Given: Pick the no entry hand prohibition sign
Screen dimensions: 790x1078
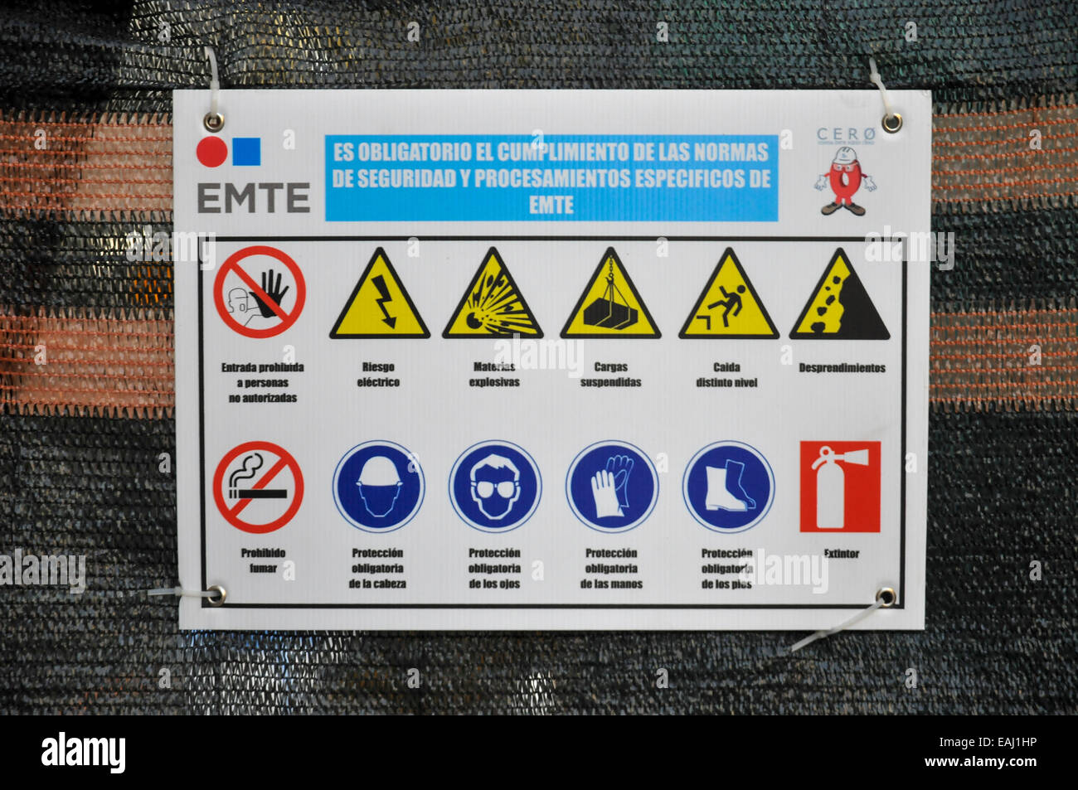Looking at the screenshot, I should point(260,292).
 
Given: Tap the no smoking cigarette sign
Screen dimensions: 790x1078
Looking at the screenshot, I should point(258,487).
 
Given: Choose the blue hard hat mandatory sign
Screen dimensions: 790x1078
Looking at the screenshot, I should point(378,487).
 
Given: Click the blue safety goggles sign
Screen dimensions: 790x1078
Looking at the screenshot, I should point(495,487).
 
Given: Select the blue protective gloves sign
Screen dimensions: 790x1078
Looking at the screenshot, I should point(612,487).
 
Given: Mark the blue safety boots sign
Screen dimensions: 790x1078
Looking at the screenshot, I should point(728,487).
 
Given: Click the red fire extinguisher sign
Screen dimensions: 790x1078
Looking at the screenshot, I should point(839,487).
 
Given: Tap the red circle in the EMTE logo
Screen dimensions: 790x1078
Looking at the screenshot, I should point(211,152).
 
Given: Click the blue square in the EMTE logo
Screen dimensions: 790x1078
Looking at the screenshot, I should point(246,152).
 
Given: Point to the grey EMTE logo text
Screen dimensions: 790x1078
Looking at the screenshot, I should point(253,198).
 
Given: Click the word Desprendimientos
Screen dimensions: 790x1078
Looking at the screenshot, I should point(842,368).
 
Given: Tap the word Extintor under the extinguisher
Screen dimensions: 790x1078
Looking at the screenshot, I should point(841,554).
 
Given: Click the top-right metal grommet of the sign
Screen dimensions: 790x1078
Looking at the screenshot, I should point(891,123).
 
